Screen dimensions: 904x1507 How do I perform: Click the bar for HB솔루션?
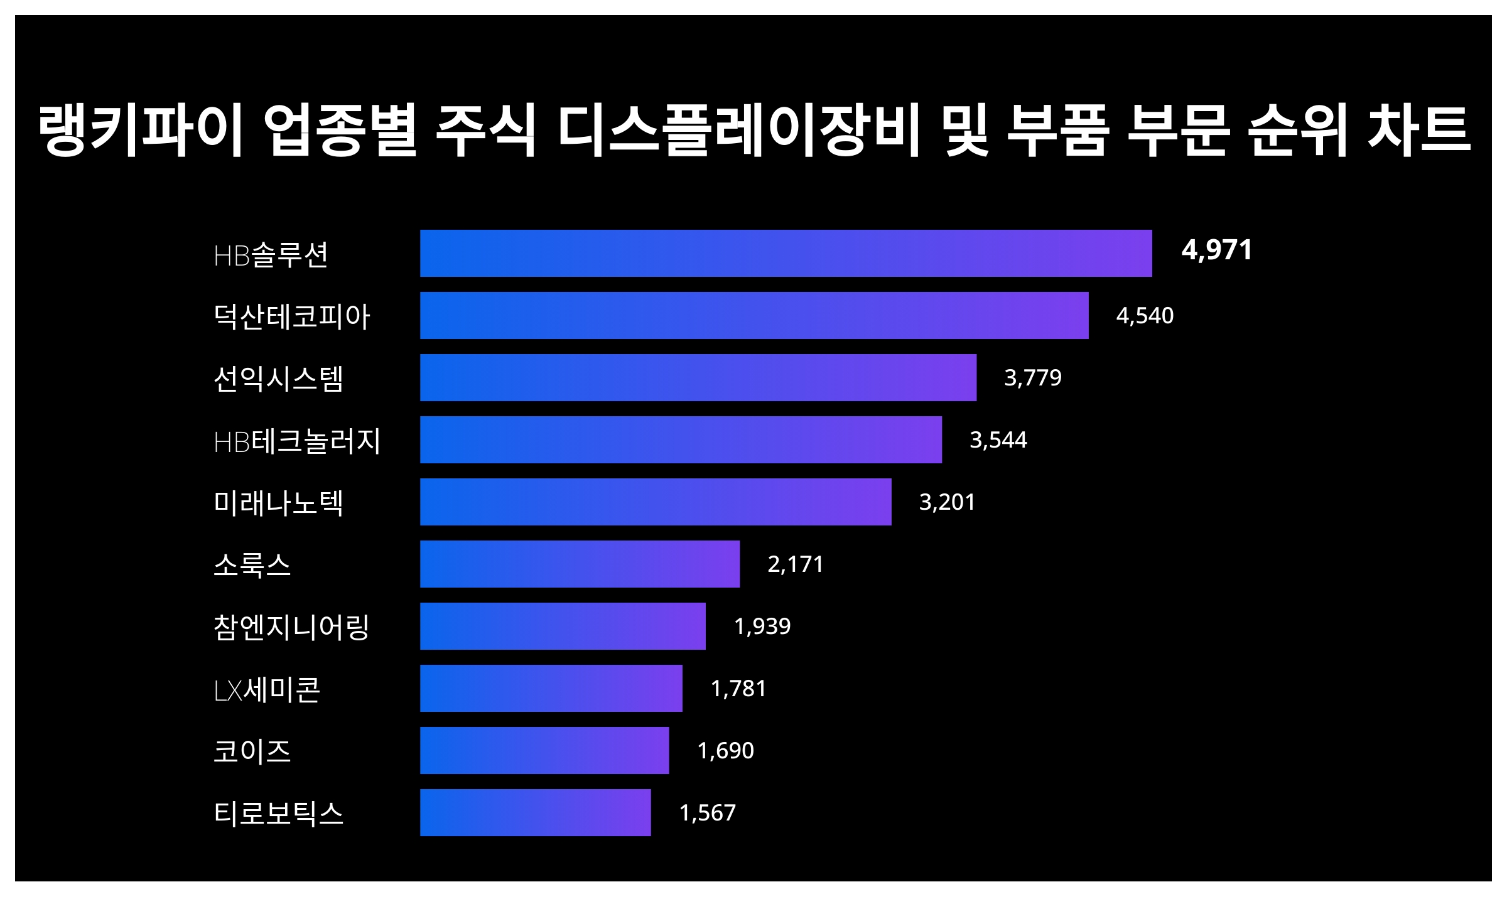click(x=786, y=253)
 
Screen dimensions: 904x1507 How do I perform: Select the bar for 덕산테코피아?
click(x=754, y=315)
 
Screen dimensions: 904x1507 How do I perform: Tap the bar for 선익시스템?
click(x=698, y=377)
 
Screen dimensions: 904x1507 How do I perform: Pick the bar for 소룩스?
click(x=580, y=564)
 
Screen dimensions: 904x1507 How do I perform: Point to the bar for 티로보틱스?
click(x=535, y=812)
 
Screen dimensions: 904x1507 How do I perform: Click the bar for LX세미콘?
click(x=551, y=688)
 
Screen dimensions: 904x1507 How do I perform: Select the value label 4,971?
click(x=1216, y=250)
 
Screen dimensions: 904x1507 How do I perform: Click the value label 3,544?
click(x=998, y=439)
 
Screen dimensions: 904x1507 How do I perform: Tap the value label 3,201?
click(x=947, y=502)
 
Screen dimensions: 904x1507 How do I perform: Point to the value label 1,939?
click(x=762, y=626)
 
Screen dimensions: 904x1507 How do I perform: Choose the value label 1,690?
click(x=725, y=750)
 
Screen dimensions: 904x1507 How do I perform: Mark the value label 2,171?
click(x=795, y=564)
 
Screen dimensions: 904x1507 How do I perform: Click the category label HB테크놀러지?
click(x=297, y=441)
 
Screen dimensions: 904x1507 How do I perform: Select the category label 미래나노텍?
click(x=278, y=503)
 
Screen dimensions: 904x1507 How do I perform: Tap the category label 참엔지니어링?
click(x=291, y=627)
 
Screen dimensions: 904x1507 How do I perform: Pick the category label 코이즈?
click(x=252, y=751)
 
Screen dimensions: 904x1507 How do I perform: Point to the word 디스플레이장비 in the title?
click(x=739, y=131)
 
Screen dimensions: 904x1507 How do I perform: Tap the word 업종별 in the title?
click(x=340, y=131)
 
